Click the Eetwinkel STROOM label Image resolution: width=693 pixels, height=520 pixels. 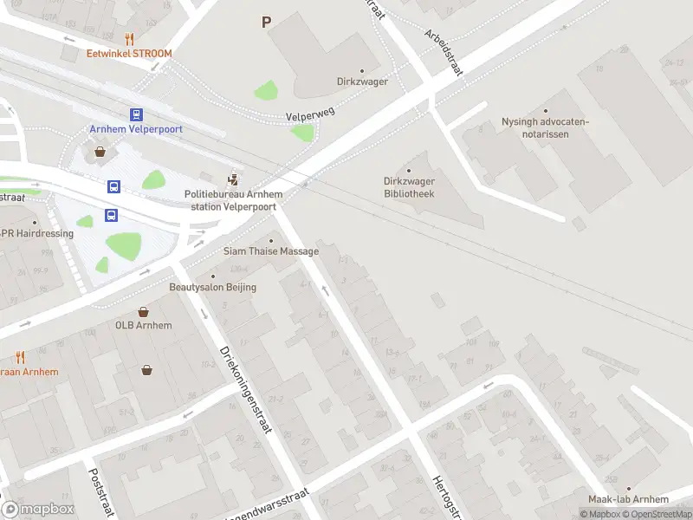[x=129, y=54]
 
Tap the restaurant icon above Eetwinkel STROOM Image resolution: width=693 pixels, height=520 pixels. [x=129, y=38]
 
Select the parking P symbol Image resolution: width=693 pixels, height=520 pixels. [x=266, y=23]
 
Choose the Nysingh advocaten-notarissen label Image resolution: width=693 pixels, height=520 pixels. [x=545, y=127]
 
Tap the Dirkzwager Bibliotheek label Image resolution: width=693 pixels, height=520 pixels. [x=409, y=188]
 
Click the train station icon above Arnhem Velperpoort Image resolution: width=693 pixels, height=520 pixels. [x=136, y=114]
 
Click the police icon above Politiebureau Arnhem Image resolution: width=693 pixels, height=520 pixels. [x=232, y=180]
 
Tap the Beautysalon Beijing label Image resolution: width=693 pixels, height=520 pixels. [x=212, y=287]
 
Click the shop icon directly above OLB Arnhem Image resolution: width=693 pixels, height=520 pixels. [x=144, y=311]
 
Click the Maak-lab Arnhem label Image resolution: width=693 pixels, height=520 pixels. [x=628, y=499]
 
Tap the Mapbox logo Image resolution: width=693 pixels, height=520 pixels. [x=38, y=510]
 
